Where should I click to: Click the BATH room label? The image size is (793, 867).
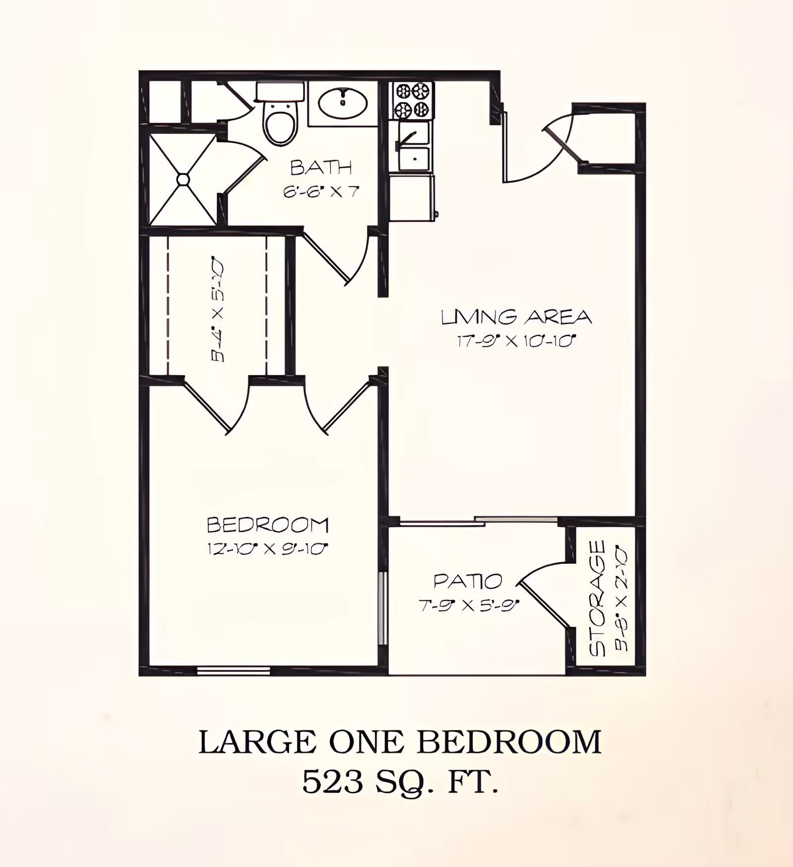coord(321,168)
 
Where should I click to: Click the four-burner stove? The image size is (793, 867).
coord(411,101)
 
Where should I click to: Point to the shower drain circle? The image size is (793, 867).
coord(183,179)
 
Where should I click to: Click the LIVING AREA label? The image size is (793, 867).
coord(516,317)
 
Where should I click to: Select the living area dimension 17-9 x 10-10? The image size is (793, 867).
coord(516,341)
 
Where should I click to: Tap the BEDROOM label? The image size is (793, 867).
coord(268,525)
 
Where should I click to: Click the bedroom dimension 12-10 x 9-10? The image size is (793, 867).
coord(268,549)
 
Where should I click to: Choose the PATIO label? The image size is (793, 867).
coord(468,581)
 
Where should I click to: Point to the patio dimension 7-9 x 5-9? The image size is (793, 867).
coord(469,605)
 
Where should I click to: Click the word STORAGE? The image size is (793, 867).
coord(598,598)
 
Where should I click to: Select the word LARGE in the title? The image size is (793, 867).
coord(257,743)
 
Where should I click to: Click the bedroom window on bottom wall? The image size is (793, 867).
coord(233,671)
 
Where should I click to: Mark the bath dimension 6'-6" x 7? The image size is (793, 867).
coord(321,192)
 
